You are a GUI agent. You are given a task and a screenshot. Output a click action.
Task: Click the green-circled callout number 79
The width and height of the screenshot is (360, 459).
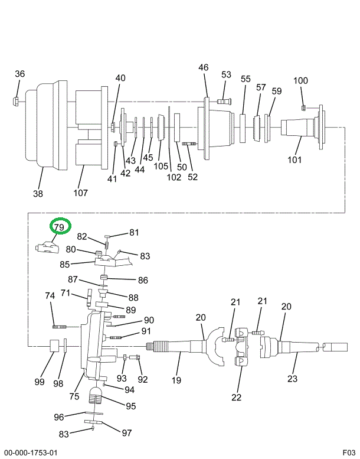coord(59,227)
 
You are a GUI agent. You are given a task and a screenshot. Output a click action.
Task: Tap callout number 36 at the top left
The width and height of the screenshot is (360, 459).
coord(20,74)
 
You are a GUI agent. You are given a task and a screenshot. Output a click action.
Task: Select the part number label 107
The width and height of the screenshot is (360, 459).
coord(80,193)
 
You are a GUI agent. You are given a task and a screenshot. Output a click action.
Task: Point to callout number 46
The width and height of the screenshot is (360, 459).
coord(204,68)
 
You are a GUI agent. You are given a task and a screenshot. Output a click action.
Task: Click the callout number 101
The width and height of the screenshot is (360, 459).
coord(294,159)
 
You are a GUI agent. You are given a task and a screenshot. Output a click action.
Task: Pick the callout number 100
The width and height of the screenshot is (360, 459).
coord(301,81)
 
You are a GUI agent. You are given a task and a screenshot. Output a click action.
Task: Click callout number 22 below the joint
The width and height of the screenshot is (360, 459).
coord(237,397)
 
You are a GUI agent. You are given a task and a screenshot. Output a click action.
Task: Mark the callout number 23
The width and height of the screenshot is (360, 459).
coord(293,379)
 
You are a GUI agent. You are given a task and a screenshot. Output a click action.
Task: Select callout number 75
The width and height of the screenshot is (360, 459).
coord(74,396)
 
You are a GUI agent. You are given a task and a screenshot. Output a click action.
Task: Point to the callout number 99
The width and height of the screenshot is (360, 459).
coord(40,382)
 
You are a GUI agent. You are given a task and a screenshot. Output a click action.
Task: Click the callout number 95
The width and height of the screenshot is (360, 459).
coord(130,406)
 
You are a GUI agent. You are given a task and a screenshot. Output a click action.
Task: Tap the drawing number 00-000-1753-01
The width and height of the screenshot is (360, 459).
coord(30,453)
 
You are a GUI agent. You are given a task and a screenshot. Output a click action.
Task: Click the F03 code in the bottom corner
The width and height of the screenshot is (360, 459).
coord(350,453)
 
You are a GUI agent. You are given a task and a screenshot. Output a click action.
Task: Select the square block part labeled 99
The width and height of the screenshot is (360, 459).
coord(53,345)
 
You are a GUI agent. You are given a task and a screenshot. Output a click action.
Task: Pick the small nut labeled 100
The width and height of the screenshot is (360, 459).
coord(303,108)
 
